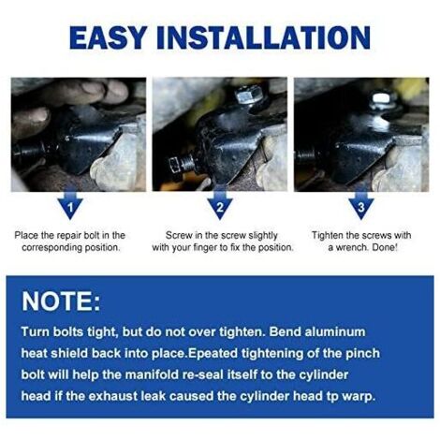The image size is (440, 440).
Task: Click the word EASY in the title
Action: click(x=108, y=37)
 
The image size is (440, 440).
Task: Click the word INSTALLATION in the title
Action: click(x=264, y=37)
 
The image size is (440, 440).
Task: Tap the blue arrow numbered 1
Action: click(x=70, y=204)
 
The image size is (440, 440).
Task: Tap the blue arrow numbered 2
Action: click(x=220, y=204)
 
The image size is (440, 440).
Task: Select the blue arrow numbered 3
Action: click(x=361, y=204)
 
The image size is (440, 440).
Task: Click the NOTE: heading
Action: click(x=61, y=301)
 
